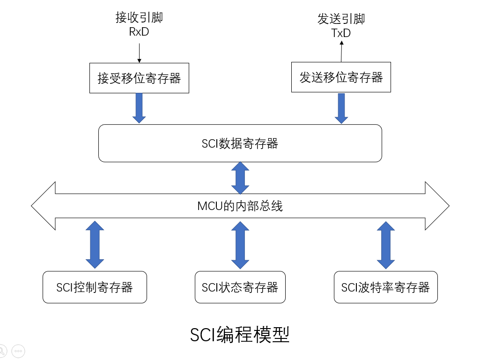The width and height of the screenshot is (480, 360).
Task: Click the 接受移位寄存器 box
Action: tap(139, 78)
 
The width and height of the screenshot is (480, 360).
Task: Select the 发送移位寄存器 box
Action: tap(341, 77)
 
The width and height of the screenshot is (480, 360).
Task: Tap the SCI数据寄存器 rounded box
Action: tap(240, 143)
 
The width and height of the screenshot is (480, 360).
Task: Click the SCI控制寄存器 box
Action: tap(95, 287)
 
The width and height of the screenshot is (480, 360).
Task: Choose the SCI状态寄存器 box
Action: tap(240, 287)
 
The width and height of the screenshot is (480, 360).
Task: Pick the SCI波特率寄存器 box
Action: tap(385, 287)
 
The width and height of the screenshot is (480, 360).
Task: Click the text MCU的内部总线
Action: tap(240, 206)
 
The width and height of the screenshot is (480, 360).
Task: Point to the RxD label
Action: tap(139, 32)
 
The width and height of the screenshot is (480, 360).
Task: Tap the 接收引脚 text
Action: tap(139, 18)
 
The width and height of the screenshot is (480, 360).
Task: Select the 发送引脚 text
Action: tap(341, 19)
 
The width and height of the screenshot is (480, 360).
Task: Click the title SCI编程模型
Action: tap(240, 335)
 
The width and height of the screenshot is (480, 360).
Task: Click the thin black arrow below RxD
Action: tap(139, 52)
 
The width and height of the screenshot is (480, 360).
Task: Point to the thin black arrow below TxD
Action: tap(341, 52)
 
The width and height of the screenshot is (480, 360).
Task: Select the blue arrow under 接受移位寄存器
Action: tap(139, 108)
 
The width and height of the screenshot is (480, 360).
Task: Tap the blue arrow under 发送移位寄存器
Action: tap(341, 108)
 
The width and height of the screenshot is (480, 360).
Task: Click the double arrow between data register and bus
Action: tap(240, 178)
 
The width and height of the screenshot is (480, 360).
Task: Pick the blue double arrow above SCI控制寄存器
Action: tap(95, 245)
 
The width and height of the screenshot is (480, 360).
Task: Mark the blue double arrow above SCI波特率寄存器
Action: tap(385, 245)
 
